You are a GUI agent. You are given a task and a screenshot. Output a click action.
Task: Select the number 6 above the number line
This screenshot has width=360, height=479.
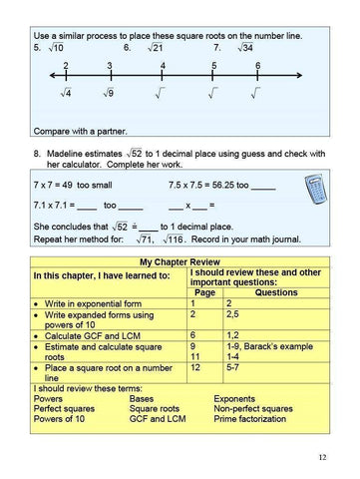pyautogui.click(x=257, y=65)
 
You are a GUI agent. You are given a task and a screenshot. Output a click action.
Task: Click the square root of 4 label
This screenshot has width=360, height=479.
pyautogui.click(x=65, y=95)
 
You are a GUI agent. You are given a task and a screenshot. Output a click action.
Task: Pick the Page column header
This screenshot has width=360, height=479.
pyautogui.click(x=205, y=292)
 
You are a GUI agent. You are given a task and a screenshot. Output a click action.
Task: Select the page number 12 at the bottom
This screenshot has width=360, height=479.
pyautogui.click(x=322, y=457)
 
